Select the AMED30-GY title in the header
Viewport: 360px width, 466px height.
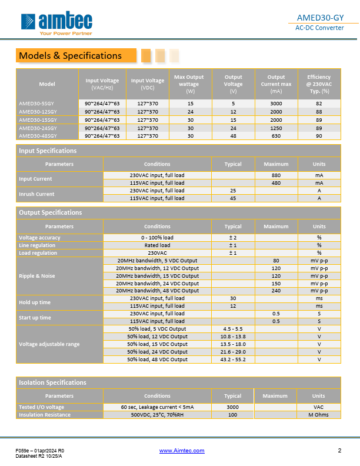pyautogui.click(x=328, y=17)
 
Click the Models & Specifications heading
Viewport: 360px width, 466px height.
pyautogui.click(x=70, y=56)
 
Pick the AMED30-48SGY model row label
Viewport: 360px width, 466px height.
pyautogui.click(x=38, y=136)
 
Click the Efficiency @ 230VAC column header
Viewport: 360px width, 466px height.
pyautogui.click(x=318, y=84)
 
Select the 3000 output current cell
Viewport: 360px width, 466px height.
pyautogui.click(x=276, y=103)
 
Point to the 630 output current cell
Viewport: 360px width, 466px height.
pyautogui.click(x=276, y=136)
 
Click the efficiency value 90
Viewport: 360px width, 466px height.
pyautogui.click(x=318, y=136)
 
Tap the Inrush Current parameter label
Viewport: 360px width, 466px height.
pyautogui.click(x=36, y=194)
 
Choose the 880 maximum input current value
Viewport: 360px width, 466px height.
pyautogui.click(x=276, y=175)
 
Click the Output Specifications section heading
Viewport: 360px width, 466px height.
pyautogui.click(x=51, y=212)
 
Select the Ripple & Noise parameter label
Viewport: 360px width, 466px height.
pyautogui.click(x=38, y=275)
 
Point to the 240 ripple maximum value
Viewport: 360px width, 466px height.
pyautogui.click(x=276, y=291)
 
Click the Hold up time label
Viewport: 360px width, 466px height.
pyautogui.click(x=35, y=302)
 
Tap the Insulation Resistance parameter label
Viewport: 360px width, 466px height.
pyautogui.click(x=45, y=415)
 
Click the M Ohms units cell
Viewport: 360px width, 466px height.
pyautogui.click(x=318, y=415)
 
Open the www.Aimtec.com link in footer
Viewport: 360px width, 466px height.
pyautogui.click(x=182, y=451)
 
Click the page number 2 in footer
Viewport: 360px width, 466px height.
pyautogui.click(x=339, y=451)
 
